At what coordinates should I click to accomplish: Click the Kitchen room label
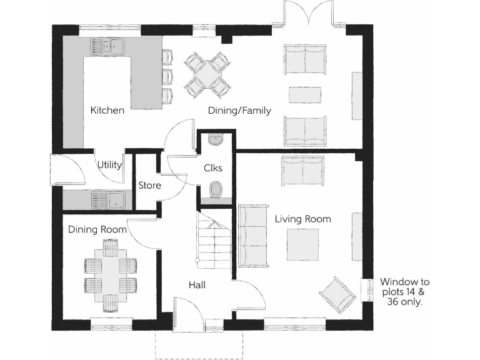click(x=107, y=111)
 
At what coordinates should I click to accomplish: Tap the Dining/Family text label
click(x=239, y=111)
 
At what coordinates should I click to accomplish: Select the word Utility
click(x=109, y=165)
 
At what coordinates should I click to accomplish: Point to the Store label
click(x=149, y=186)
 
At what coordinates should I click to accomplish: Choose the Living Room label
click(x=302, y=219)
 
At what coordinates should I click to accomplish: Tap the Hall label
click(x=197, y=285)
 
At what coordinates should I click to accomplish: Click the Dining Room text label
click(x=97, y=230)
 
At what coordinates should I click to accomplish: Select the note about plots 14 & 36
click(x=404, y=291)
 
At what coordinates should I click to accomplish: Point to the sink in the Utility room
click(x=108, y=200)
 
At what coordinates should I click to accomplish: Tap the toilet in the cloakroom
click(x=216, y=189)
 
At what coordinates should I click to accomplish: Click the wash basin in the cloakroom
click(x=216, y=139)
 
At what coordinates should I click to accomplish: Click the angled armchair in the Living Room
click(x=337, y=293)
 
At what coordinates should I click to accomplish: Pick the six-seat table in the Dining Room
click(x=110, y=274)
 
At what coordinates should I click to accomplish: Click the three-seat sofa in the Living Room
click(x=251, y=235)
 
